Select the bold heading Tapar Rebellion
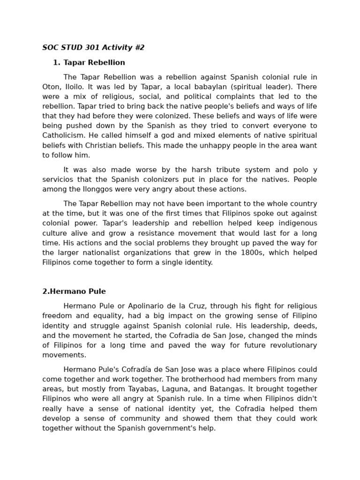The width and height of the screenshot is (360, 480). [x=94, y=62]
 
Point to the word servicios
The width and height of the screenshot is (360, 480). [x=58, y=180]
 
